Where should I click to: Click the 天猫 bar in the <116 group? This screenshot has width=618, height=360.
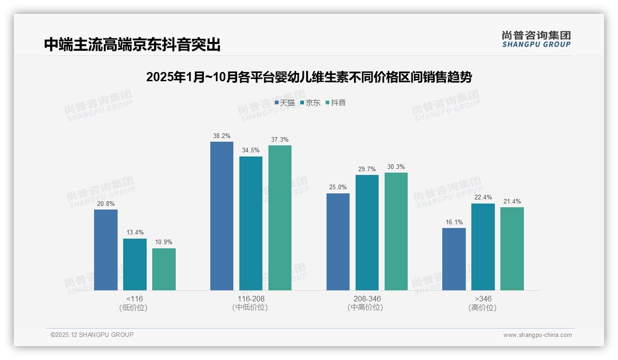106,250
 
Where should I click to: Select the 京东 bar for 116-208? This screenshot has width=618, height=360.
251,223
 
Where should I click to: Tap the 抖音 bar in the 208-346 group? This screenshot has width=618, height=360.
396,231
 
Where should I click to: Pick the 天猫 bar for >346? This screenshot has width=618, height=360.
454,259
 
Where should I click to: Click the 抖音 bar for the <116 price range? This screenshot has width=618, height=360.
164,269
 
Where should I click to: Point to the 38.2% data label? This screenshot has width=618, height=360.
222,136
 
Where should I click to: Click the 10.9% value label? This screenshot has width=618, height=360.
164,242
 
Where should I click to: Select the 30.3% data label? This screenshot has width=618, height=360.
396,167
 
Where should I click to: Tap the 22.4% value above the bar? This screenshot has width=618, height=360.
483,198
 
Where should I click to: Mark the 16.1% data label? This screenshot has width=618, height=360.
454,222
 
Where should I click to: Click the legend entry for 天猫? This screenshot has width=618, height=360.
285,103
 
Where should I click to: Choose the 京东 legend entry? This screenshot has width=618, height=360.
310,103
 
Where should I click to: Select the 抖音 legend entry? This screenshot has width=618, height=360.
336,103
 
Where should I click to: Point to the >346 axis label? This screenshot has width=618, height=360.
482,299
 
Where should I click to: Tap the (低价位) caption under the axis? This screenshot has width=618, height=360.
133,308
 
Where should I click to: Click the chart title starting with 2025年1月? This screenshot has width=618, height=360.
309,78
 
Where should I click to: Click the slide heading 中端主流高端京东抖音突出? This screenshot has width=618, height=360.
132,45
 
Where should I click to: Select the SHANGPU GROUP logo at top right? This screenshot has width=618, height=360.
536,39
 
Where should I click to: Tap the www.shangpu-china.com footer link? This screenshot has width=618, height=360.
537,335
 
